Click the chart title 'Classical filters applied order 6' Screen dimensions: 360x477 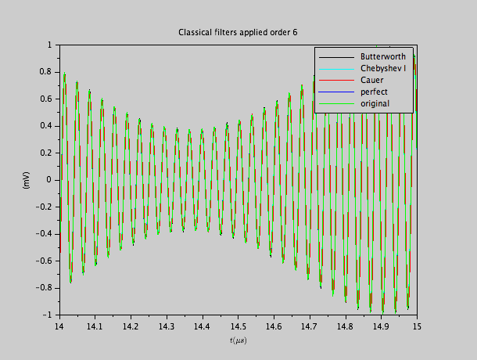[x=238, y=32]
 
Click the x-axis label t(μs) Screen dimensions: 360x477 [x=238, y=341]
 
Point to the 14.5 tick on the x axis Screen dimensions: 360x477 [x=238, y=325]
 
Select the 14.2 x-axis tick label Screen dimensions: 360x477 [x=131, y=325]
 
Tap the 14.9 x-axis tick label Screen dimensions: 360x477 [x=381, y=325]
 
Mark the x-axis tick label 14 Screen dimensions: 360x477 [x=59, y=325]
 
